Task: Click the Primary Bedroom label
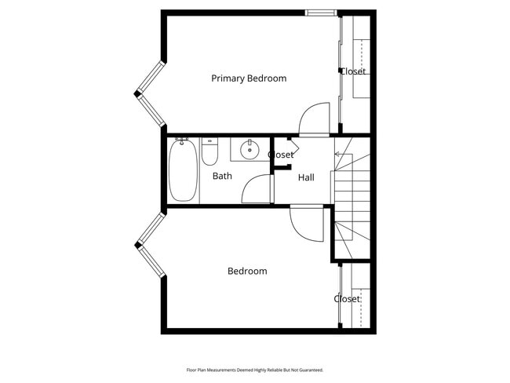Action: [x=249, y=78]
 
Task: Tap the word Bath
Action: [x=222, y=177]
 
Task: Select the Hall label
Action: [x=306, y=178]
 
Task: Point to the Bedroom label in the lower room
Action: [x=247, y=272]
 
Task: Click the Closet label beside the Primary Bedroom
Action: [x=352, y=71]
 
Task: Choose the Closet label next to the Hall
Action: [x=281, y=155]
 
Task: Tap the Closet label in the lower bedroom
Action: [x=347, y=299]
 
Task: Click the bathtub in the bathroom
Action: [x=183, y=170]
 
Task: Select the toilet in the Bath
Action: [x=209, y=151]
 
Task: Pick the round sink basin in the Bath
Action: [x=250, y=149]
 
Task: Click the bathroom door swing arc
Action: [x=255, y=189]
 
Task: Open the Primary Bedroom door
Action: [x=316, y=119]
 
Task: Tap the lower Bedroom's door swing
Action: [x=307, y=224]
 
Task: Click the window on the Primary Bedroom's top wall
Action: [x=322, y=13]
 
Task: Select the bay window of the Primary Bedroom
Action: [x=150, y=93]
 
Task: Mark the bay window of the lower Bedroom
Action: [x=150, y=244]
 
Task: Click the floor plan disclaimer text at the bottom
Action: [x=254, y=370]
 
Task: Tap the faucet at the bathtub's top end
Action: [x=183, y=141]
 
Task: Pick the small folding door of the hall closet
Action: [x=292, y=145]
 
